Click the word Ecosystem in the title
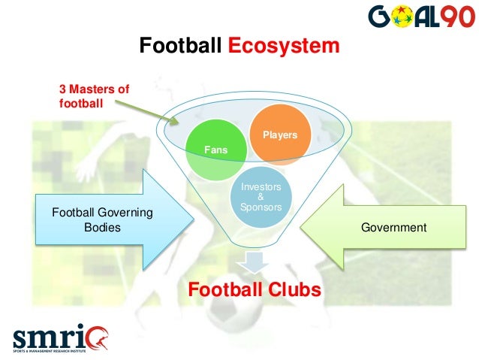click(x=284, y=47)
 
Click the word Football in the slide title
click(x=181, y=47)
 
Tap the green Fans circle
click(x=215, y=150)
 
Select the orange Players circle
click(x=279, y=135)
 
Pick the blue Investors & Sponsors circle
click(x=260, y=198)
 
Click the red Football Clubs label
click(x=255, y=289)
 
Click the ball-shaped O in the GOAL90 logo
click(x=397, y=17)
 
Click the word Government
click(x=394, y=227)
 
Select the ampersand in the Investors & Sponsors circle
click(x=260, y=197)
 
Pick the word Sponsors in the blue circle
click(x=260, y=207)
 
